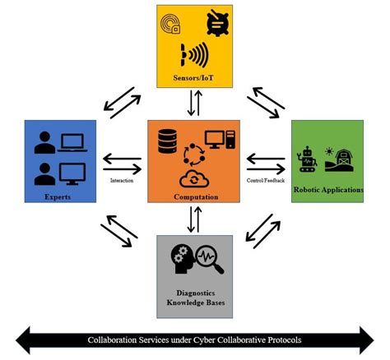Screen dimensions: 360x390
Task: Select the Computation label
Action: [193, 197]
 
